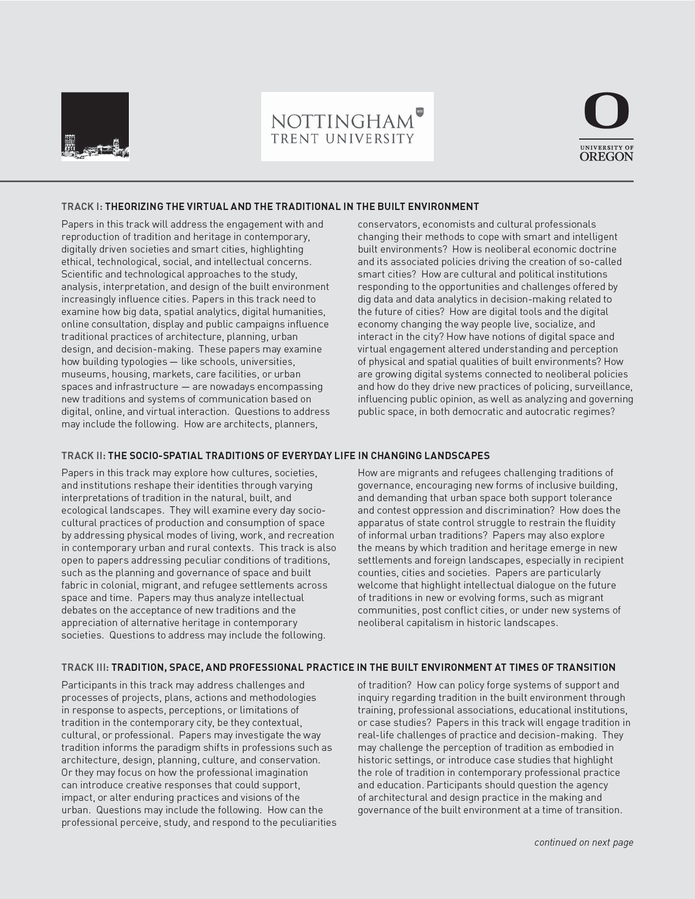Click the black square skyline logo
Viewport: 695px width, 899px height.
click(x=95, y=126)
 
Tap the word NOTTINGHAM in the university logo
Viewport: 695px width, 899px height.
click(x=342, y=121)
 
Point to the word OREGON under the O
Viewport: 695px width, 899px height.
click(x=606, y=156)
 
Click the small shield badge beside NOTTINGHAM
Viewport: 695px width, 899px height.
click(x=420, y=112)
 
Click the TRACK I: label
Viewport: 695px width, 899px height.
click(x=82, y=207)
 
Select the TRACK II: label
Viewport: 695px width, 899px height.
click(x=83, y=456)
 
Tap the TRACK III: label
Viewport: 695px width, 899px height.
click(x=85, y=667)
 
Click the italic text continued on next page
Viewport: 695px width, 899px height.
click(x=583, y=842)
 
